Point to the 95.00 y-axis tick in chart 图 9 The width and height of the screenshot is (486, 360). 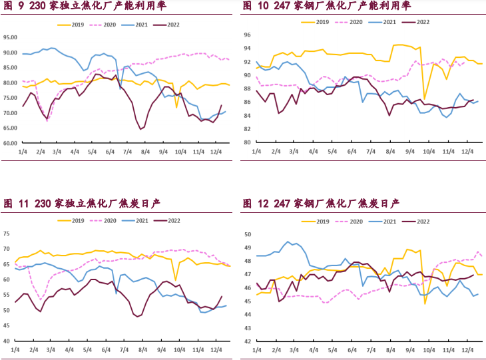pos(11,37)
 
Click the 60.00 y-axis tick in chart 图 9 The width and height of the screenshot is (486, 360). pos(11,143)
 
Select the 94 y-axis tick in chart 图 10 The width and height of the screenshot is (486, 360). pos(246,49)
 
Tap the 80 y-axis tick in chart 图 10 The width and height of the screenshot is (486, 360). pos(246,142)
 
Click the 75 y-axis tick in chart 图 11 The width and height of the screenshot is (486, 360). pos(7,234)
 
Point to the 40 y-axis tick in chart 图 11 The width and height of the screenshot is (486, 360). pos(7,341)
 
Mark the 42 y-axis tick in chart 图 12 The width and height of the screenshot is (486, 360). pos(246,341)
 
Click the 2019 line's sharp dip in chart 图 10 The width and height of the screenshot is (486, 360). pos(425,98)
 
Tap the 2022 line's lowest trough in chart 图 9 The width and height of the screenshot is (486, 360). pos(141,129)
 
